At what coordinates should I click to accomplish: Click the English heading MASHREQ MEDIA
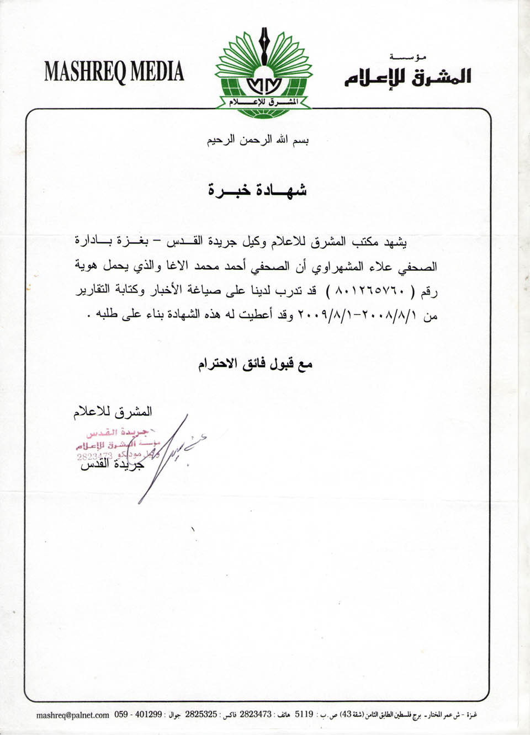(114, 72)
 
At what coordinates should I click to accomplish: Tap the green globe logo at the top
(264, 88)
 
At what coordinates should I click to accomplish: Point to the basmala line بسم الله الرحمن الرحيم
(258, 140)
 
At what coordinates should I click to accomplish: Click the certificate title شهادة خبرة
(257, 190)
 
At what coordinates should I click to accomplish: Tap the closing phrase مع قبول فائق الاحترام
(256, 364)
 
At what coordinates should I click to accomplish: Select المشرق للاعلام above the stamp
(113, 412)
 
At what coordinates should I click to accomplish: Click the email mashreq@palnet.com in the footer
(72, 715)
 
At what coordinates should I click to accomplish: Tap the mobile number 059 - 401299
(138, 715)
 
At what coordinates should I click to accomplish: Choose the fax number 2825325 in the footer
(201, 715)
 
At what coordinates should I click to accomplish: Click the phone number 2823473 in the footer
(256, 715)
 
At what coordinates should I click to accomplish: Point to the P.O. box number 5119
(304, 715)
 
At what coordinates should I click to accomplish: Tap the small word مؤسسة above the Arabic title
(408, 57)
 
